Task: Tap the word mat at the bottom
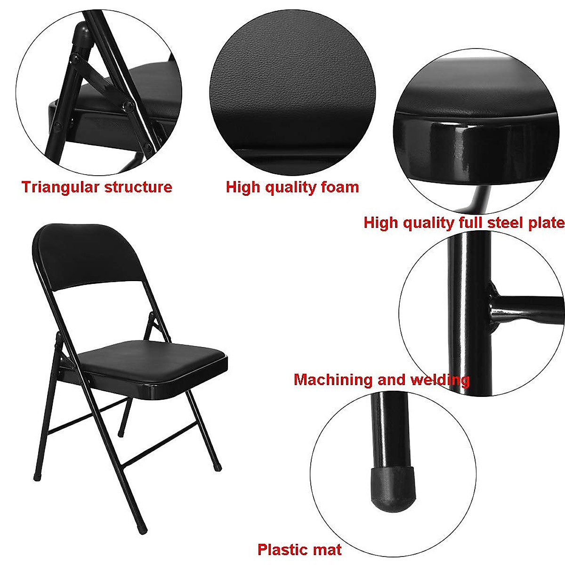(x=326, y=550)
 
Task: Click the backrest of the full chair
(x=89, y=257)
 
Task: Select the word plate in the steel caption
(x=546, y=222)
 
